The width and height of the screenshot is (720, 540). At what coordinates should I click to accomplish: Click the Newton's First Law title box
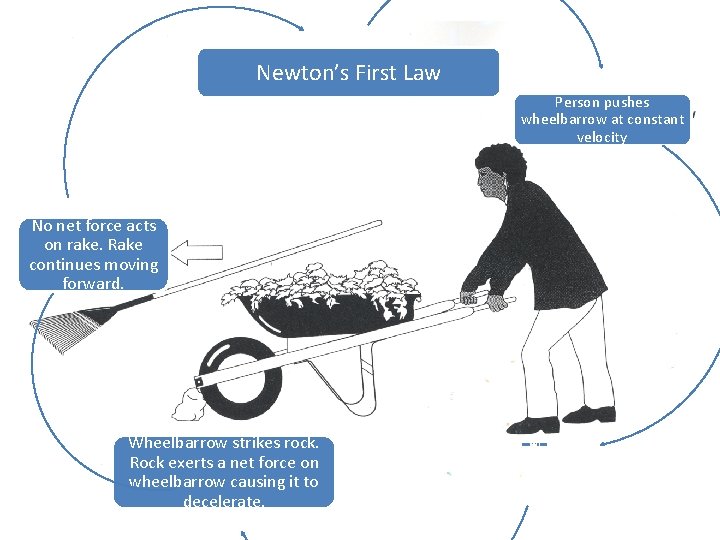348,73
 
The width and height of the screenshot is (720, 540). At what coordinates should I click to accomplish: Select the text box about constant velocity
602,120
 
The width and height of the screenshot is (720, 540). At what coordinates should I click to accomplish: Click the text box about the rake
94,255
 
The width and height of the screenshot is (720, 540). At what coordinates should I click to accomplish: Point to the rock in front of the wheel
187,404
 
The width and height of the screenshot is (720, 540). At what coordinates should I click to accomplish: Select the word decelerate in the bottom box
223,501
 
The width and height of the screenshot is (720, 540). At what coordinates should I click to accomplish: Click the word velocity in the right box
602,137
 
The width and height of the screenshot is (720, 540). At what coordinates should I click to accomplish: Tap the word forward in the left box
94,284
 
